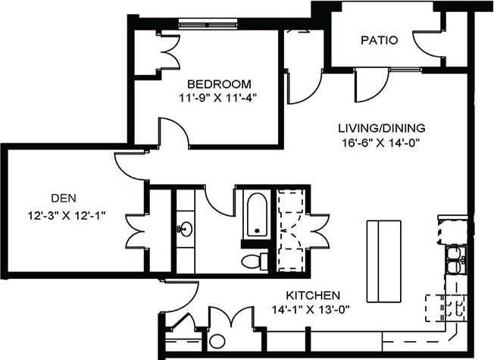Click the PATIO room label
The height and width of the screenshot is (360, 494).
(x=380, y=40)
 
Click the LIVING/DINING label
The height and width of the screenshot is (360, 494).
(x=381, y=127)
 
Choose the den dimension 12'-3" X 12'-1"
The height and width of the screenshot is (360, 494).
(x=63, y=214)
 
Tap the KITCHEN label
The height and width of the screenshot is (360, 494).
(x=313, y=295)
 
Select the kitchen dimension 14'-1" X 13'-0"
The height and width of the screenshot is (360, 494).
(x=314, y=308)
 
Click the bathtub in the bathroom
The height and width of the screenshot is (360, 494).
(x=256, y=214)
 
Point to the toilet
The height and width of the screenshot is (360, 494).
(x=251, y=261)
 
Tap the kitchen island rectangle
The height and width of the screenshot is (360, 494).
(x=383, y=261)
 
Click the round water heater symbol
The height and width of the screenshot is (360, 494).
(x=217, y=341)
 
